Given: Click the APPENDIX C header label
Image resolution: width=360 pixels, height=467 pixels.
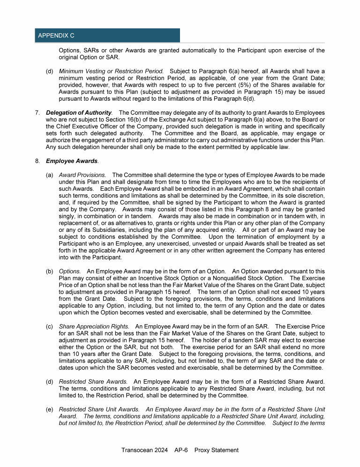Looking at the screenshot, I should point(56,36).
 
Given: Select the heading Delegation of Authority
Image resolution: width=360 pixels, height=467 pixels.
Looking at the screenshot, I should point(79,112).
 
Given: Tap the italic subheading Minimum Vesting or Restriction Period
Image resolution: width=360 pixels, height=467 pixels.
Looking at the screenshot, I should point(111,71).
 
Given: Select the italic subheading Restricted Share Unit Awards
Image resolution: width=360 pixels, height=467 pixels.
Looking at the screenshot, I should point(99,409).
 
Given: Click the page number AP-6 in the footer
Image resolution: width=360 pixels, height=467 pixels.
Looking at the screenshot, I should point(180,450).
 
